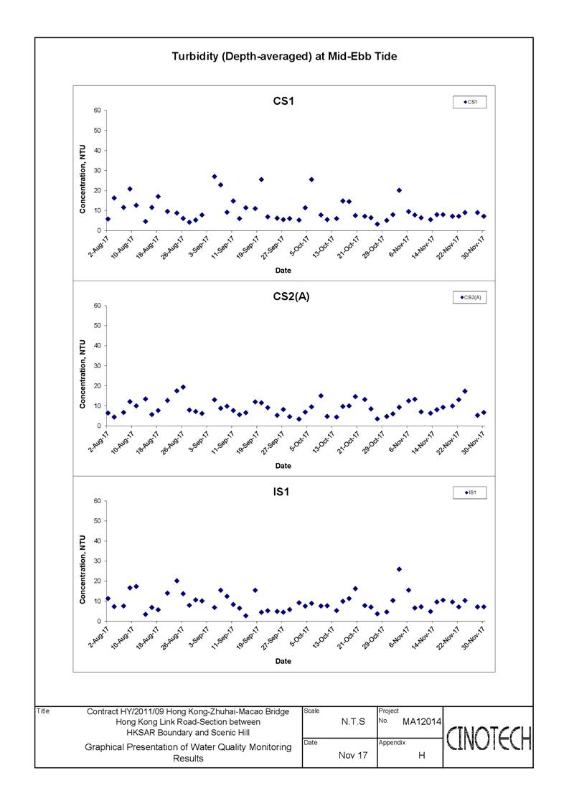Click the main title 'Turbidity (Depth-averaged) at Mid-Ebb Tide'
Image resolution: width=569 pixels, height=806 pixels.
coord(284,57)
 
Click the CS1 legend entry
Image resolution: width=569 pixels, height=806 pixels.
coord(470,102)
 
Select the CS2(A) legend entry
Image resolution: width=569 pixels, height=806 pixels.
coord(470,297)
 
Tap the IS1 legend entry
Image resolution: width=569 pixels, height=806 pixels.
coord(470,492)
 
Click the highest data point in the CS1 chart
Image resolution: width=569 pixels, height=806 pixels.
coord(215,177)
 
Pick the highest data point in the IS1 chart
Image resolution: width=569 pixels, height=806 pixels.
coord(399,569)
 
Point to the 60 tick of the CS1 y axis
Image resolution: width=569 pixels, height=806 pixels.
coord(97,111)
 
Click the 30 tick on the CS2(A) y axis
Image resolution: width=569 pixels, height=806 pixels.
coord(97,366)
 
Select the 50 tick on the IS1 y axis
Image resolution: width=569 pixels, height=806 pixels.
coord(97,521)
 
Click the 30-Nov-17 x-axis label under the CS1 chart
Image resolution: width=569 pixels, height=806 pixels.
coord(474,247)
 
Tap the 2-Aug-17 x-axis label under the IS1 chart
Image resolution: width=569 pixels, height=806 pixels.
coord(99,637)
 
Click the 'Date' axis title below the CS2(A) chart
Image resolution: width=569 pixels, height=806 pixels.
coord(283,466)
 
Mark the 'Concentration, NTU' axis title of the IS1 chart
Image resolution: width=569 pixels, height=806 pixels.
coord(83,570)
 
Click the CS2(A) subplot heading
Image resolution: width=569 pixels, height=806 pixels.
coord(291,296)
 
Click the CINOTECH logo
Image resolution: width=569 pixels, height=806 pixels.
coord(489,739)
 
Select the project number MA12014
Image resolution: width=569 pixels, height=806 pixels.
coord(421,722)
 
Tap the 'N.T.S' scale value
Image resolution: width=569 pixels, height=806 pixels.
coord(353,722)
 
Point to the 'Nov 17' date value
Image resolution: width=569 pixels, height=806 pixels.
coord(353,755)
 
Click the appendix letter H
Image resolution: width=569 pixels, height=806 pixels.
coord(421,755)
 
